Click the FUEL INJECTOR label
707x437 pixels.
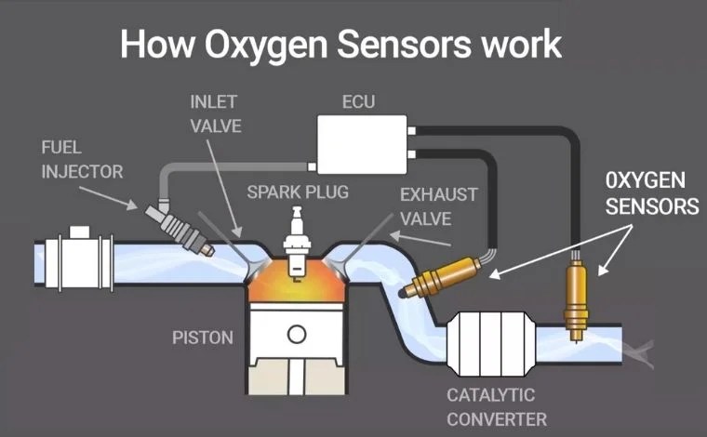click(x=82, y=159)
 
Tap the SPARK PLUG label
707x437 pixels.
click(x=298, y=192)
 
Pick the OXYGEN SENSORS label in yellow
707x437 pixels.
click(x=651, y=192)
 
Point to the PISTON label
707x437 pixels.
click(x=203, y=337)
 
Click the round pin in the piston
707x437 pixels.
click(x=297, y=334)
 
